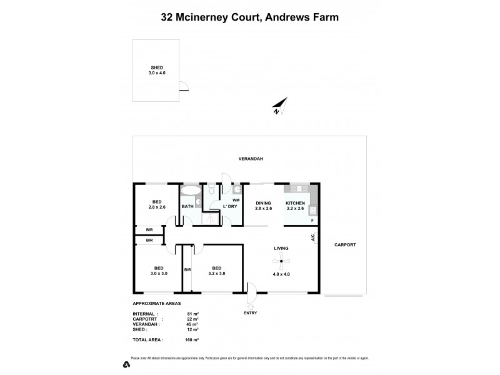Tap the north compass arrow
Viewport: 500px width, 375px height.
[279, 107]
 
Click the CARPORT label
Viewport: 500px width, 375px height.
[344, 245]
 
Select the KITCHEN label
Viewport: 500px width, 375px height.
[295, 204]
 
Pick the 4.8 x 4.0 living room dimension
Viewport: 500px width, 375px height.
[281, 273]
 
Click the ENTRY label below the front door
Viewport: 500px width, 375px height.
[250, 312]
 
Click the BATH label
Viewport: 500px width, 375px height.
[187, 206]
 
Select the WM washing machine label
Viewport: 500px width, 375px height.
[236, 199]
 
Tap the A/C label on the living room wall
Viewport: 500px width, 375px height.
[312, 237]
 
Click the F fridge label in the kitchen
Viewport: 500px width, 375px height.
[312, 220]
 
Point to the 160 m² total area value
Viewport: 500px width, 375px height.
[191, 339]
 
